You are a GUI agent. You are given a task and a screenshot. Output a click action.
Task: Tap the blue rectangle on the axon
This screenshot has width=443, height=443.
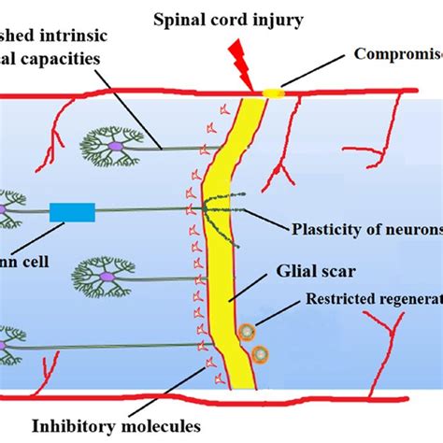pyautogui.click(x=72, y=212)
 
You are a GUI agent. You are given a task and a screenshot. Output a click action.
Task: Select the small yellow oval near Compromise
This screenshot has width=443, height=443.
pyautogui.click(x=272, y=93)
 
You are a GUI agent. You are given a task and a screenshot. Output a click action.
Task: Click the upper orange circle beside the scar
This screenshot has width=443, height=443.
pyautogui.click(x=248, y=331)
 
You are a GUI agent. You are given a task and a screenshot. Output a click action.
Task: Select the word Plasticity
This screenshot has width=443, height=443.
pyautogui.click(x=324, y=227)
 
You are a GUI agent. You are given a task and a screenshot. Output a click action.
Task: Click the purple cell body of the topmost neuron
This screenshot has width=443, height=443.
pyautogui.click(x=115, y=146)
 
